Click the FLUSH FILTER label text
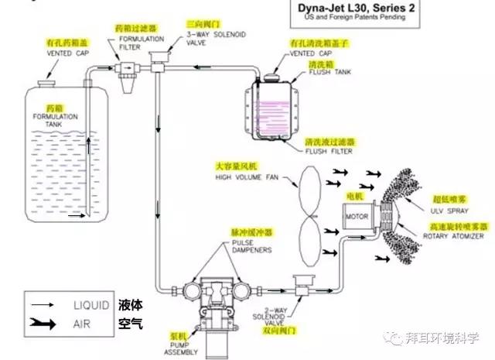point(324,152)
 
